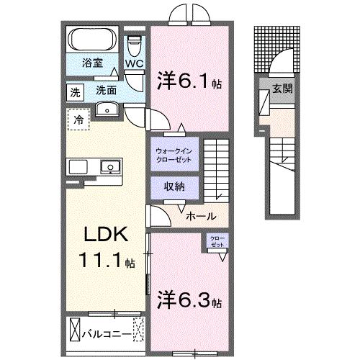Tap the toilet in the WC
(x=134, y=45)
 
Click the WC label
(x=135, y=63)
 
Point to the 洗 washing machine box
(x=75, y=91)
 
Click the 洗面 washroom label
(x=107, y=91)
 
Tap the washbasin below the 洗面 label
(x=108, y=109)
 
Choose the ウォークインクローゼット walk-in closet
(x=172, y=155)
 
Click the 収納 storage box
(x=173, y=186)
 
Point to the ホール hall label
(x=199, y=215)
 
